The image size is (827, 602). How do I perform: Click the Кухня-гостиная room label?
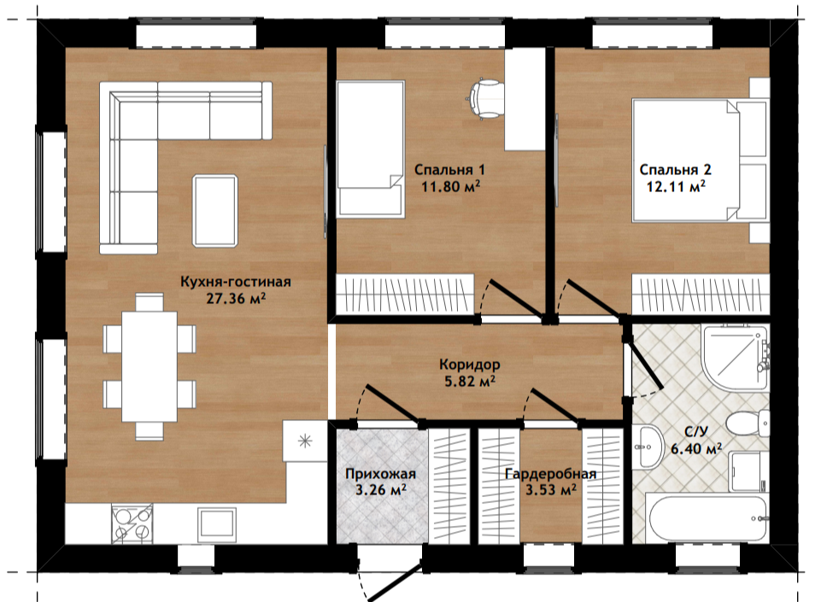click(x=235, y=282)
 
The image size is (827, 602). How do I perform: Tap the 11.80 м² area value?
click(x=450, y=186)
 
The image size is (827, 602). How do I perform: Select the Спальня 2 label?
click(x=675, y=170)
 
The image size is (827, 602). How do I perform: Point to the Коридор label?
click(x=469, y=365)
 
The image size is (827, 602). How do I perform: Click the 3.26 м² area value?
click(x=380, y=490)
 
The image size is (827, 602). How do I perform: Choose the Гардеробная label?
click(x=551, y=474)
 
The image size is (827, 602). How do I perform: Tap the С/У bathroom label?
click(x=696, y=432)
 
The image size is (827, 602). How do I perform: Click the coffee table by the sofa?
click(x=215, y=211)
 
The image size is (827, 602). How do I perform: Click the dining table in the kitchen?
click(x=150, y=367)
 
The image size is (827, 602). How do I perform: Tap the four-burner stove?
click(x=132, y=523)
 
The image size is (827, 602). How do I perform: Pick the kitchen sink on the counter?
click(x=216, y=524)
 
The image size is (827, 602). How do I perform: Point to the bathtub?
click(x=707, y=518)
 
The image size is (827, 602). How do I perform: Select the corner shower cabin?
click(x=736, y=357)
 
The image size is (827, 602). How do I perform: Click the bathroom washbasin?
click(x=648, y=447)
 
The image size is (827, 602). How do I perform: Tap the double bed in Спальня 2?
click(x=700, y=160)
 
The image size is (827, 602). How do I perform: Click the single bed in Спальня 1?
click(x=370, y=149)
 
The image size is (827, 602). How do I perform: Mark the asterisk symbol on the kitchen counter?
click(x=305, y=441)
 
